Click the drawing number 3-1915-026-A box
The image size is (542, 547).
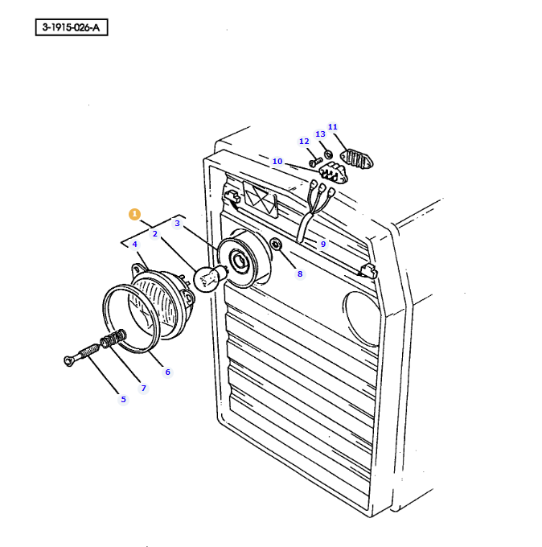pyautogui.click(x=72, y=28)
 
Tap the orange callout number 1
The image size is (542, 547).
pyautogui.click(x=134, y=214)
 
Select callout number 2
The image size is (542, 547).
pyautogui.click(x=154, y=233)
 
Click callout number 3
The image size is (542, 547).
pyautogui.click(x=177, y=223)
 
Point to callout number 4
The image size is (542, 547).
pyautogui.click(x=134, y=244)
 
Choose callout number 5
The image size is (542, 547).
pyautogui.click(x=123, y=399)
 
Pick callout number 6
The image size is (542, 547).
pyautogui.click(x=167, y=372)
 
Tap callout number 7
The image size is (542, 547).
pyautogui.click(x=144, y=388)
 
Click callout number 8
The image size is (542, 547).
pyautogui.click(x=300, y=273)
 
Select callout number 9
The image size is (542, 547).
pyautogui.click(x=323, y=244)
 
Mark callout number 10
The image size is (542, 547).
pyautogui.click(x=277, y=161)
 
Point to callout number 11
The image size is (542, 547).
pyautogui.click(x=333, y=126)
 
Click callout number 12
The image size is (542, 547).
pyautogui.click(x=304, y=141)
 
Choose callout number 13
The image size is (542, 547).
pyautogui.click(x=320, y=134)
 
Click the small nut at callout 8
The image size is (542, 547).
pyautogui.click(x=276, y=244)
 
